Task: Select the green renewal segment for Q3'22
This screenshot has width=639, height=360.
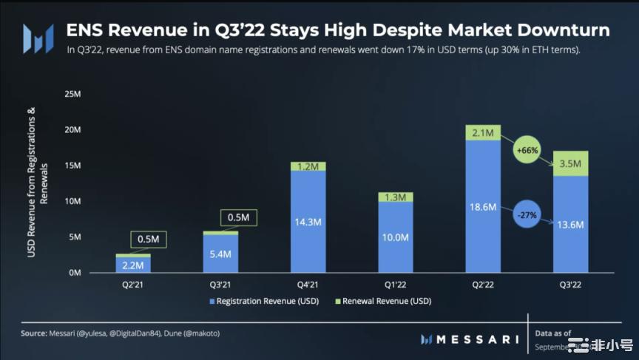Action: [x=571, y=163]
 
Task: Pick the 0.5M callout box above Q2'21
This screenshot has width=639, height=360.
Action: [x=149, y=239]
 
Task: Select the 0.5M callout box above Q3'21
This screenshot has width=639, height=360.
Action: [x=237, y=217]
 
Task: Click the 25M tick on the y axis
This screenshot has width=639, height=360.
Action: [x=72, y=94]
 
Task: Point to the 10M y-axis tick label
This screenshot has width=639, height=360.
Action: [x=72, y=201]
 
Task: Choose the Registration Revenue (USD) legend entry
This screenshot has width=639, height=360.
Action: [x=255, y=301]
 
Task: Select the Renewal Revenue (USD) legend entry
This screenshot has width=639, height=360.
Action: [x=385, y=301]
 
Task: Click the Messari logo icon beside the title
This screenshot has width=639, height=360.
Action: [x=37, y=38]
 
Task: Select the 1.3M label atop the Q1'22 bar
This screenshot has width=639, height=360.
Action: [x=396, y=197]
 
